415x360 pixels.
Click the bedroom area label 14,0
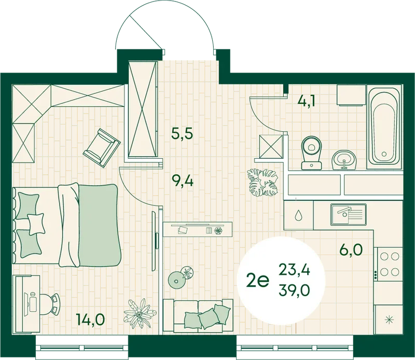click(90, 319)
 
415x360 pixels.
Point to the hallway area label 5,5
click(183, 133)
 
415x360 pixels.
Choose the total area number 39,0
click(294, 290)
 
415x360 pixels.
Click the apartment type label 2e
click(257, 281)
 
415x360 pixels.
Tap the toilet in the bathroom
click(312, 153)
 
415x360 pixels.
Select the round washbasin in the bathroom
click(344, 160)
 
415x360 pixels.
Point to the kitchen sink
click(348, 214)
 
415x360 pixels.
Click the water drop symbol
click(298, 215)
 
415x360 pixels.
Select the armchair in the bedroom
click(102, 148)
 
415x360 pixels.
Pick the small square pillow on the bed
click(36, 224)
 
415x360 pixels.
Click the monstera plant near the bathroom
click(262, 182)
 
